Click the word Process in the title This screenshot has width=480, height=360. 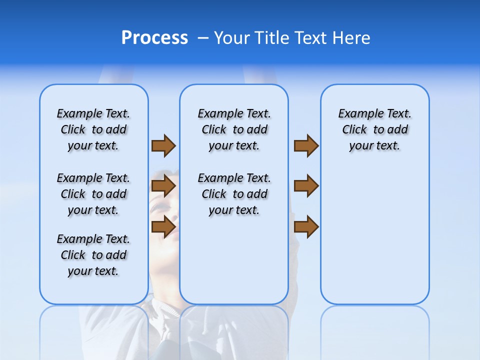point(154,38)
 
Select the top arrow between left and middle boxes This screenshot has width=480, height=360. point(163,145)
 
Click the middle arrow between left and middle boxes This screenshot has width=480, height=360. point(163,186)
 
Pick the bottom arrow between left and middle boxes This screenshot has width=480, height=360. point(163,226)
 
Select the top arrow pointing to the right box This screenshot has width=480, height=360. point(306,145)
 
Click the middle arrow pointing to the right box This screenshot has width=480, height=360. point(306,186)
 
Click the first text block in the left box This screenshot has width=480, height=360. point(93,129)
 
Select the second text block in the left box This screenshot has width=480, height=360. point(93,194)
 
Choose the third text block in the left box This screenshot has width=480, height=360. point(93,255)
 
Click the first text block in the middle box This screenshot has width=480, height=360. point(234,129)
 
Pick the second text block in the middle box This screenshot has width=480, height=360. point(234,194)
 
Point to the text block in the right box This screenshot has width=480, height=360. point(375,129)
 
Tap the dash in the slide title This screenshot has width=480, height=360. point(203,38)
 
